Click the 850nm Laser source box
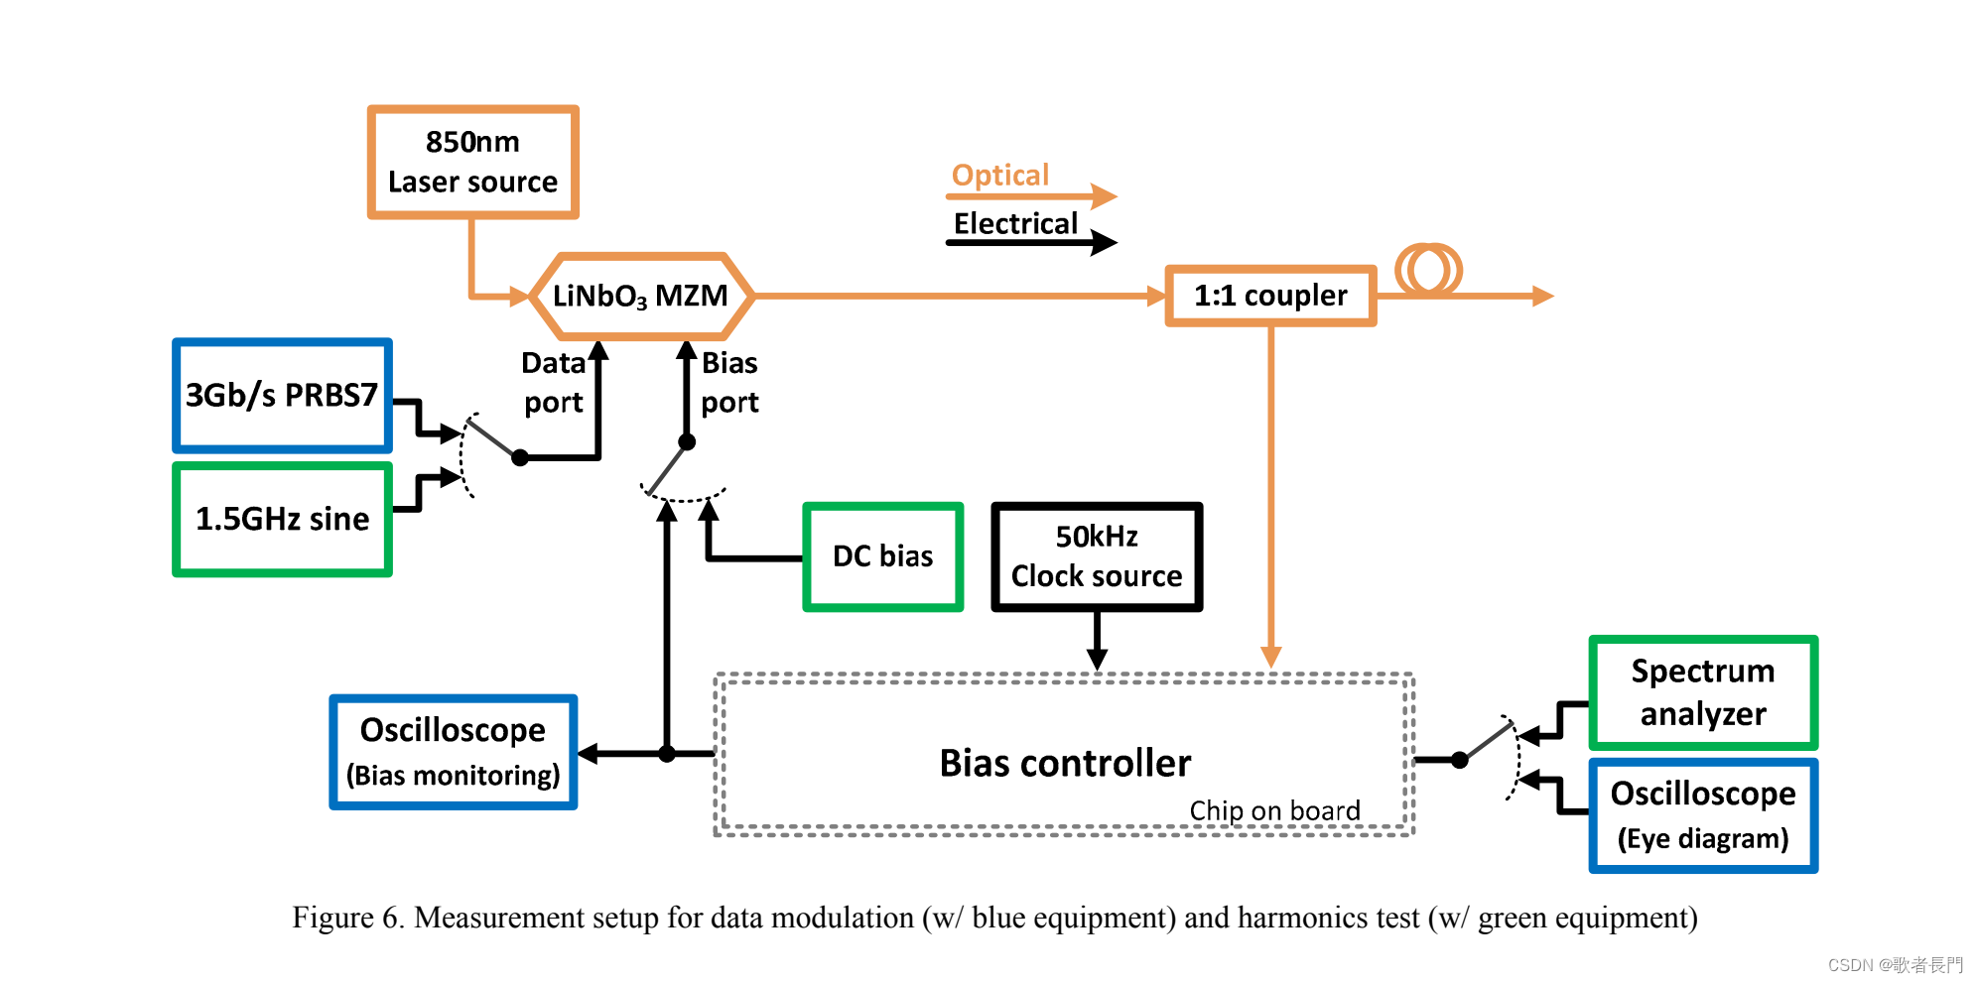pos(472,162)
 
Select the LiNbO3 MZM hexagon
pos(641,296)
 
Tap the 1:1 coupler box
pos(1270,296)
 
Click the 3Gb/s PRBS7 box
pos(282,395)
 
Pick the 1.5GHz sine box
pos(282,519)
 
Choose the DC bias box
pos(882,556)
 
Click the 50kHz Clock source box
pos(1097,556)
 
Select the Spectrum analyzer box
pos(1703,692)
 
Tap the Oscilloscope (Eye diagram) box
pos(1703,815)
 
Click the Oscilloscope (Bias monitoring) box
pos(453,752)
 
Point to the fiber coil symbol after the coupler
pos(1428,270)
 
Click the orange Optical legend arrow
pos(1032,196)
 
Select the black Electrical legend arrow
pos(1032,242)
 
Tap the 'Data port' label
pos(554,382)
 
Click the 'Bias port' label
pos(729,382)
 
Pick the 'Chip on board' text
pos(1274,810)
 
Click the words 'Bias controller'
pos(1065,763)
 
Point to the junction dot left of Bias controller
pos(667,754)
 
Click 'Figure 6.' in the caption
pos(347,918)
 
